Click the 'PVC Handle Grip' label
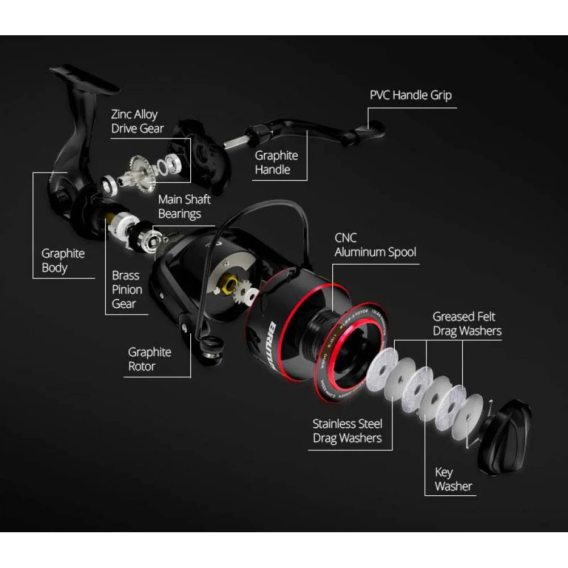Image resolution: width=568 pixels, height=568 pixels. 411,95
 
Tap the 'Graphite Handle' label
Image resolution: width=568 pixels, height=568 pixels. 276,162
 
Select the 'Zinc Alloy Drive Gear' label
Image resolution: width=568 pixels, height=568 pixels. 137,122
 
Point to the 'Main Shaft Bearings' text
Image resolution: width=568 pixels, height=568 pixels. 184,207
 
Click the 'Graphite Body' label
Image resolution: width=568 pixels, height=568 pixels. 62,261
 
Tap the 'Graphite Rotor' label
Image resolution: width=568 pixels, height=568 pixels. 149,359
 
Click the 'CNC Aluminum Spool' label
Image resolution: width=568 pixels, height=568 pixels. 375,245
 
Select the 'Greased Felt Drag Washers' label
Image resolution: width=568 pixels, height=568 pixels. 467,323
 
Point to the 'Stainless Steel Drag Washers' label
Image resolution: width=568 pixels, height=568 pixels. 347,431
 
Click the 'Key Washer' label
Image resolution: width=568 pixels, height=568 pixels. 453,479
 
